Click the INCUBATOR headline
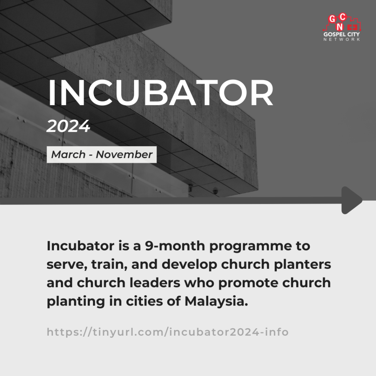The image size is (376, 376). pyautogui.click(x=161, y=92)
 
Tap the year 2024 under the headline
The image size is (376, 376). pyautogui.click(x=68, y=126)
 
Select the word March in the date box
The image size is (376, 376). pyautogui.click(x=68, y=155)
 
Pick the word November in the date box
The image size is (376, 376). pyautogui.click(x=124, y=155)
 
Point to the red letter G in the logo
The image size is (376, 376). pyautogui.click(x=332, y=19)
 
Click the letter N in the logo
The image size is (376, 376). pyautogui.click(x=340, y=26)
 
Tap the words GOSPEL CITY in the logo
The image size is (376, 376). pyautogui.click(x=341, y=34)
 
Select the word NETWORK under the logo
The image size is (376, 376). pyautogui.click(x=341, y=39)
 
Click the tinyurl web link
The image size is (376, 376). pyautogui.click(x=167, y=332)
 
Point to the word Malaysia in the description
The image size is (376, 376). pyautogui.click(x=216, y=301)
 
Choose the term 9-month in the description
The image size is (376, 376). pyautogui.click(x=175, y=246)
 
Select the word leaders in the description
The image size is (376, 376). pyautogui.click(x=155, y=283)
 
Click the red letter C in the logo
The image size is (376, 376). pyautogui.click(x=343, y=17)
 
